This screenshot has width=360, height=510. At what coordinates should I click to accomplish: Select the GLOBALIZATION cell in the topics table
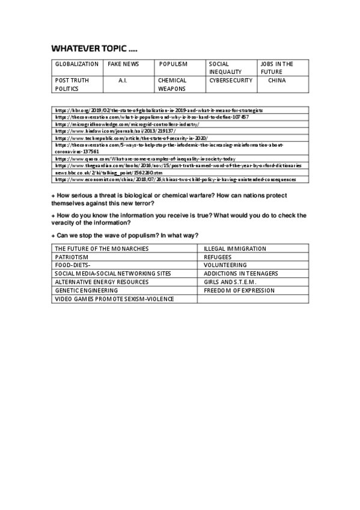coord(77,64)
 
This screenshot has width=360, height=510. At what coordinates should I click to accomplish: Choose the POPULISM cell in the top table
coord(173,64)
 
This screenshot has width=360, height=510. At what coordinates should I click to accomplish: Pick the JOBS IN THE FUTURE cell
coord(276,67)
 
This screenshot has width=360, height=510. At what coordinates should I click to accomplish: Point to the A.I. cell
coord(123,80)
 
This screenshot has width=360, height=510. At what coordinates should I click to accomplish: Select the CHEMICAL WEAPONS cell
coord(172,84)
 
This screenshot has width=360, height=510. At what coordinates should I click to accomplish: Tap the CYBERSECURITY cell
coord(231,80)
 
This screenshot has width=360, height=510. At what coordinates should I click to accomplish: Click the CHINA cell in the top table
coord(277,80)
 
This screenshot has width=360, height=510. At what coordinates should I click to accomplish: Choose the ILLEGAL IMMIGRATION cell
coord(235,248)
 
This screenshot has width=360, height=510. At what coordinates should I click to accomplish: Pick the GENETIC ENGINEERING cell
coord(84,290)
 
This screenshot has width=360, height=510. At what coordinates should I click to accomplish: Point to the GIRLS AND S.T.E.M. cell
coord(231,282)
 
